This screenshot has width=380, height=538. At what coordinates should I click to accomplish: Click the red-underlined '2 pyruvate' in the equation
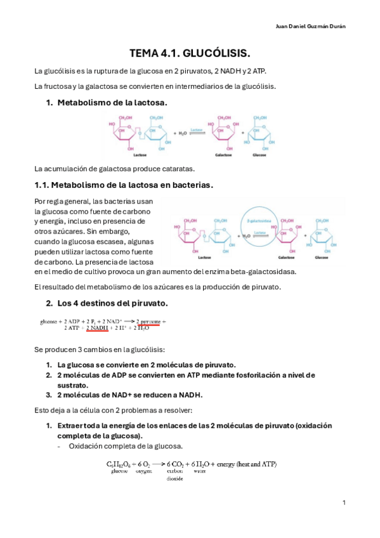[x=150, y=321]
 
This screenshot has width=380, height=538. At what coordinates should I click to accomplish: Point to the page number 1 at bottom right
[x=343, y=502]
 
